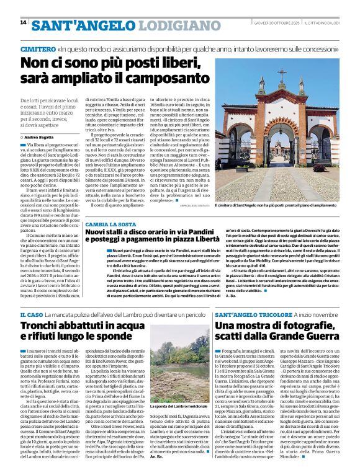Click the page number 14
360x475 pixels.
tap(23, 23)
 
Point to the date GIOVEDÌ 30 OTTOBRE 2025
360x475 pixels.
tap(279, 23)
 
